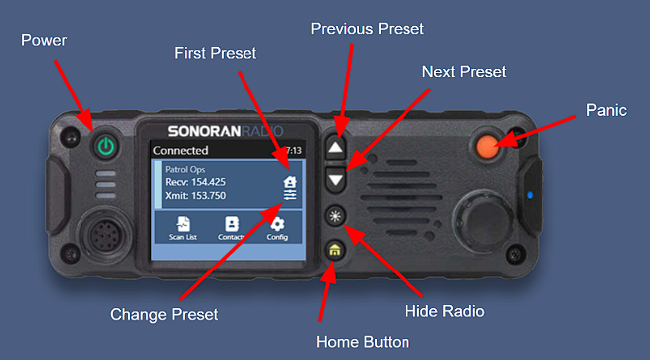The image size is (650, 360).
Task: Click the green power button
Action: [106, 146]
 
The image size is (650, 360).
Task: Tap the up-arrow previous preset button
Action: [335, 148]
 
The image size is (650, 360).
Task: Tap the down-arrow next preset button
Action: [335, 180]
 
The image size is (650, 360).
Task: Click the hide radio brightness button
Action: [335, 216]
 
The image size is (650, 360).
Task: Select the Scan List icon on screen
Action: [183, 228]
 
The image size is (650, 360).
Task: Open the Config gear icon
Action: [277, 228]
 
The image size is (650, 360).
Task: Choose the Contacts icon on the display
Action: [231, 228]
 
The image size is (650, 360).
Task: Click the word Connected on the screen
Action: [180, 150]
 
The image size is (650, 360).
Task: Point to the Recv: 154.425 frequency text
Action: [195, 182]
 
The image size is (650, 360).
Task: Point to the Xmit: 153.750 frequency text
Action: [195, 195]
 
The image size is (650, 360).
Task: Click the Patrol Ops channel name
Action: [185, 169]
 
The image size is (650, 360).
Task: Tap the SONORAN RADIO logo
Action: [226, 131]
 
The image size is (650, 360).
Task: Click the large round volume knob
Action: [482, 220]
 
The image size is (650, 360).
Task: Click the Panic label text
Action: [606, 110]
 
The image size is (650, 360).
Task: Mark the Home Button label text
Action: [363, 342]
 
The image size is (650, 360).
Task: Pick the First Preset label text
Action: [215, 53]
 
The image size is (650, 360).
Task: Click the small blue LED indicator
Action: [530, 195]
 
